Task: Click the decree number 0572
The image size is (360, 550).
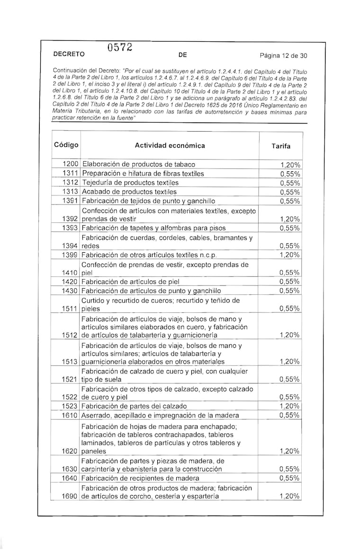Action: [119, 47]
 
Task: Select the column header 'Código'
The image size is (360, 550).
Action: [66, 145]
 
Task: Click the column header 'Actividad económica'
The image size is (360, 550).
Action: [170, 145]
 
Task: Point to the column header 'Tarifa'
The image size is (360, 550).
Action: [281, 146]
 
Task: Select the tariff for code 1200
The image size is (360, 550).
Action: [290, 165]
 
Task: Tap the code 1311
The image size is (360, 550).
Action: [71, 173]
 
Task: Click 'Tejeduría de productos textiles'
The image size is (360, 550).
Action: [131, 182]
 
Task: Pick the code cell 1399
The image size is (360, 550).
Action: [71, 255]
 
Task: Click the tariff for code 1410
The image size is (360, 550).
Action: [289, 273]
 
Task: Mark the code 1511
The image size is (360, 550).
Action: [71, 309]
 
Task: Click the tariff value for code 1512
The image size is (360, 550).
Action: [290, 335]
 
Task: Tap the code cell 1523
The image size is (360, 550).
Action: [71, 406]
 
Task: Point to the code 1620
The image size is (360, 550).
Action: [71, 451]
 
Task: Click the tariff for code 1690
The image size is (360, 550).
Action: [290, 496]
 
